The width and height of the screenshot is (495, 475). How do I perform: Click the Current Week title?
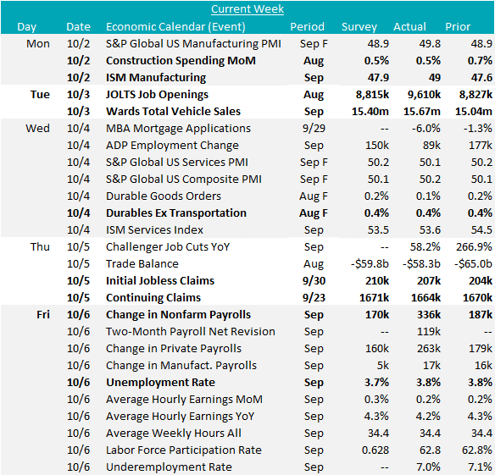tap(247, 8)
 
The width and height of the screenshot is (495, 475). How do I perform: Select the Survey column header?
tap(359, 27)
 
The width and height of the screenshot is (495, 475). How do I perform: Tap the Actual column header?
tap(409, 26)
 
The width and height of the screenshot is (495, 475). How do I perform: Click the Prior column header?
tap(458, 26)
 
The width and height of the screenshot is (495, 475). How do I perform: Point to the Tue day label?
tap(40, 94)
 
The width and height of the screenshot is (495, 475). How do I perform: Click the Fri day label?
tap(43, 314)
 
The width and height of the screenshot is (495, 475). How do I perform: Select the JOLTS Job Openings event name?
tap(157, 95)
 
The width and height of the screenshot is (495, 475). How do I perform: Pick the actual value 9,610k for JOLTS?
tap(424, 95)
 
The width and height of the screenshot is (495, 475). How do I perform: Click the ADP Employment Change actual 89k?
tap(430, 145)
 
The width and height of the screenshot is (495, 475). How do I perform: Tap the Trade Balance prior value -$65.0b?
tap(473, 263)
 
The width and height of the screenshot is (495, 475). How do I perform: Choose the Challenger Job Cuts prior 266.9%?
tap(474, 246)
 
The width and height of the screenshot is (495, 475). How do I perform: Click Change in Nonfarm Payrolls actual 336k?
tap(429, 314)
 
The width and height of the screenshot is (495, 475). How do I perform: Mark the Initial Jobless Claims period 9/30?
tap(314, 281)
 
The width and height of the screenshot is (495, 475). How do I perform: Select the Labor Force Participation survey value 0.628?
tap(375, 450)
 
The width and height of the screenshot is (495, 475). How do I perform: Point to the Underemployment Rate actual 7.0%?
tap(428, 467)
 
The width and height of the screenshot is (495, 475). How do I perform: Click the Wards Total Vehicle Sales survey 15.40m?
tap(370, 111)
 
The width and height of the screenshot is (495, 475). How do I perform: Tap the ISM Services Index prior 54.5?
tap(481, 230)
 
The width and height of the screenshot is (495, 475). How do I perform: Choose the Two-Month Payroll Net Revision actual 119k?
tap(429, 332)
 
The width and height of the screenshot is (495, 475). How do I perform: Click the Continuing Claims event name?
tap(153, 298)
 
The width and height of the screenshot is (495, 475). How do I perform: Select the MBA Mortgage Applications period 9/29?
tap(314, 129)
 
